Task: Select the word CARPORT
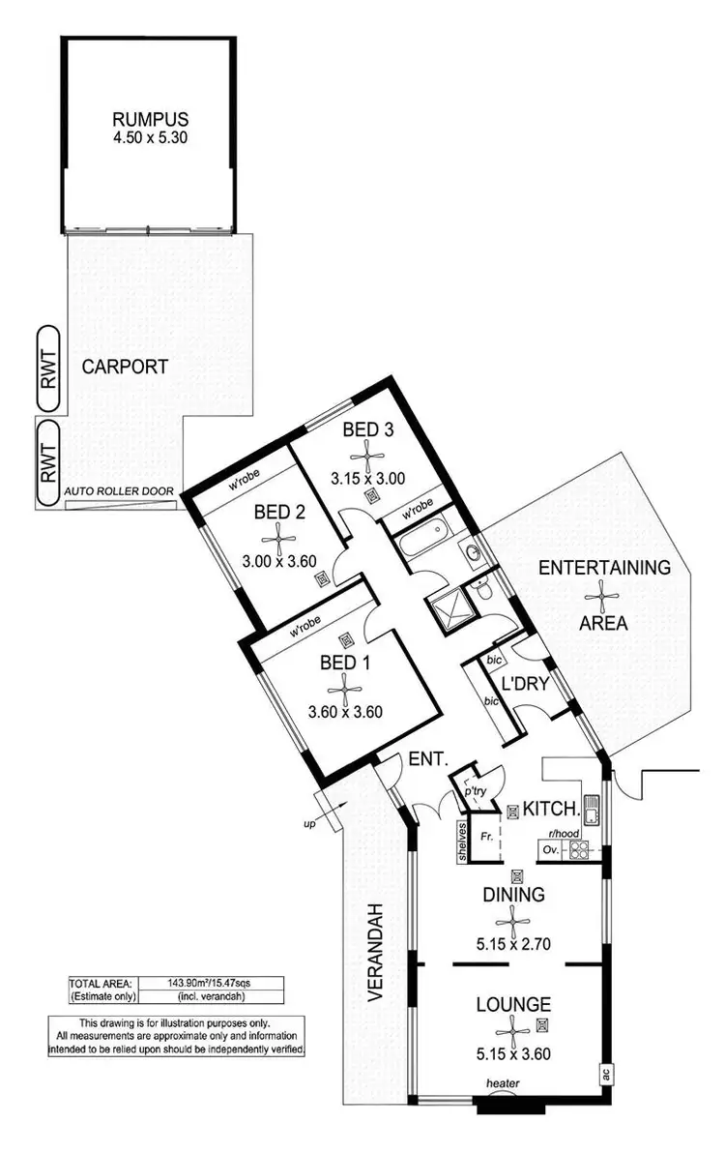point(125,367)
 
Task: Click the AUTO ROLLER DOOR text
point(119,491)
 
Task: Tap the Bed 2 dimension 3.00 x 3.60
point(280,557)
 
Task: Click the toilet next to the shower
point(480,589)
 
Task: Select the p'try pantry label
point(475,789)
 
